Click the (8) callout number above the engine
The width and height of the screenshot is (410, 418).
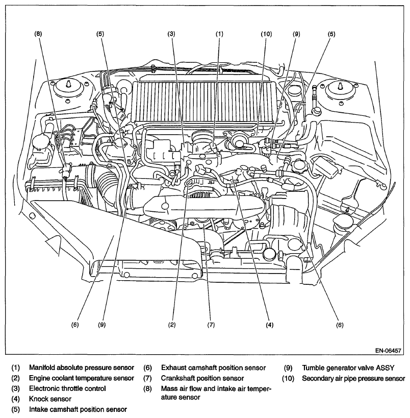38,34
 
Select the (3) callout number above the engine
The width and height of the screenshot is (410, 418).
171,34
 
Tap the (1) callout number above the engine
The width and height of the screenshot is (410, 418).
219,34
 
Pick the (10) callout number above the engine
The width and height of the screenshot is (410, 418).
266,34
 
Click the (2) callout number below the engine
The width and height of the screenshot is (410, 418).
172,325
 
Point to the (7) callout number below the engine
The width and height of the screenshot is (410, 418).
211,325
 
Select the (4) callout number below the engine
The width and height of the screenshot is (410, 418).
269,325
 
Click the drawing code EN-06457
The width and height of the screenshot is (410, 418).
388,351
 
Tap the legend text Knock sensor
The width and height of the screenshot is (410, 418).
50,399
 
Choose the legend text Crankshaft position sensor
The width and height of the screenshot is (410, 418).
202,378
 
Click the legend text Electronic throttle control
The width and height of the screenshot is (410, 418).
67,389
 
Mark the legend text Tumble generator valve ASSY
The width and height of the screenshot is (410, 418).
348,368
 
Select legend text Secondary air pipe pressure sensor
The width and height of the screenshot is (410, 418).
353,378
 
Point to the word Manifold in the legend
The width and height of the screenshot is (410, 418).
42,367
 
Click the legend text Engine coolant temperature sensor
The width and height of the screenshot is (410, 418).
81,378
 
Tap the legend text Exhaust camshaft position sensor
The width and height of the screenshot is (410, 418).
213,368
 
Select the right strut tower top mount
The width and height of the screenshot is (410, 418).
341,91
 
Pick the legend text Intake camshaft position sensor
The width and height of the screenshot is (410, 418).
78,409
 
